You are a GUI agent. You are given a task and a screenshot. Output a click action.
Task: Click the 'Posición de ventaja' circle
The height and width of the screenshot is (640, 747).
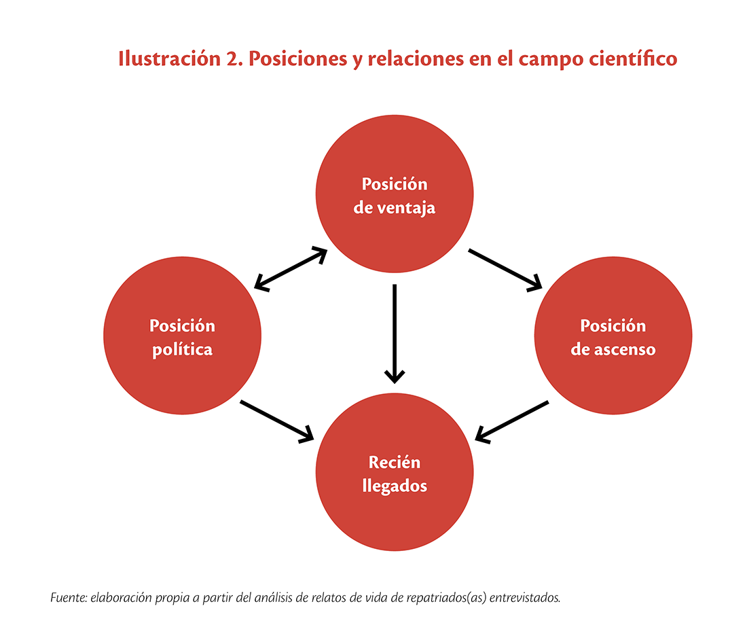[x=395, y=194]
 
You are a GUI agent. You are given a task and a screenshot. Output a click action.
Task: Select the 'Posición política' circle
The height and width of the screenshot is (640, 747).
[x=183, y=336]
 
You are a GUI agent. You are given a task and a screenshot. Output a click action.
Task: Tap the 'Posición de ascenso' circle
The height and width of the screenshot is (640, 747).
[x=613, y=336]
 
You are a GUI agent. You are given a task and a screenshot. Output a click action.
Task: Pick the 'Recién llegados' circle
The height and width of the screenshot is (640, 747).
[x=395, y=472]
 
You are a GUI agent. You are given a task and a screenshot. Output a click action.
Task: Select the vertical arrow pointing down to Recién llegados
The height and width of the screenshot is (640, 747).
[x=395, y=334]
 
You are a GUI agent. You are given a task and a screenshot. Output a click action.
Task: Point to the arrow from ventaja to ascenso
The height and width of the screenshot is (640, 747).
[x=505, y=270]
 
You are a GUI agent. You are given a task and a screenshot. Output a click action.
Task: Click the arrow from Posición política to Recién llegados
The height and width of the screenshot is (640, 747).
[x=277, y=421]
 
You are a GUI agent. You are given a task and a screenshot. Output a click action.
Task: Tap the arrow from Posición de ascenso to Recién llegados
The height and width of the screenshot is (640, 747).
[x=511, y=422]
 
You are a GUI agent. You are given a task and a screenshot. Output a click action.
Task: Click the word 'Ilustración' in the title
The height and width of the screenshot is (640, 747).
[x=169, y=58]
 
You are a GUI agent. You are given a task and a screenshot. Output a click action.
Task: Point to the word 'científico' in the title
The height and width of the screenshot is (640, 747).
[x=633, y=58]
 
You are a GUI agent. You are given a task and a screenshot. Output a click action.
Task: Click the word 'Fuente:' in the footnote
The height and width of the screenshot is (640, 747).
[x=69, y=598]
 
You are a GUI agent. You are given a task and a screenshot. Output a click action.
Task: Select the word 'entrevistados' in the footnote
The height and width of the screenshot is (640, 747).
[x=525, y=598]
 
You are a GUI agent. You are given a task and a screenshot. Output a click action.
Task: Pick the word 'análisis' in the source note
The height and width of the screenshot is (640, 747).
[x=274, y=598]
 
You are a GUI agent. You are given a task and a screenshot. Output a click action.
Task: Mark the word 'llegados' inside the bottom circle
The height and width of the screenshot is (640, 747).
[x=395, y=486]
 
